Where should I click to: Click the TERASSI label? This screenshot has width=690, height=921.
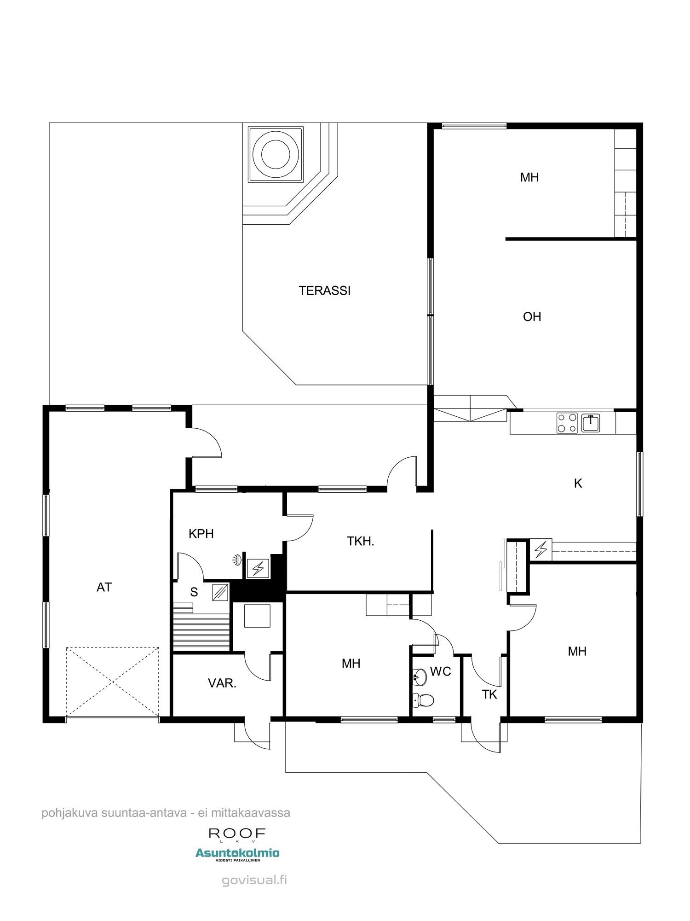[x=324, y=291]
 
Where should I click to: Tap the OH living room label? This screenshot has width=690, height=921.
[x=532, y=317]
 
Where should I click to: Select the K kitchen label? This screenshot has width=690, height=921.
[x=578, y=483]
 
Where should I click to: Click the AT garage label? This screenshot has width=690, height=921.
[x=104, y=587]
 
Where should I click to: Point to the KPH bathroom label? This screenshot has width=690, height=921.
[x=201, y=534]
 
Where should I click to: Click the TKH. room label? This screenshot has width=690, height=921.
[x=360, y=541]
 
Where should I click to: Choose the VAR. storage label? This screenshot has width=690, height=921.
[x=222, y=683]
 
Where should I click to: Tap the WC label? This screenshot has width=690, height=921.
[x=441, y=671]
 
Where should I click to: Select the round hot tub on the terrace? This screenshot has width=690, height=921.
[x=276, y=154]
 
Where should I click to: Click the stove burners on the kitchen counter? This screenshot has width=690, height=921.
[x=567, y=423]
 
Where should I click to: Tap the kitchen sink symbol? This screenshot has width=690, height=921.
[x=591, y=422]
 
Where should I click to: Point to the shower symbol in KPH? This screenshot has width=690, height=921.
[x=237, y=560]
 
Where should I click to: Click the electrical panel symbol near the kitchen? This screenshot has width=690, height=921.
[x=540, y=549]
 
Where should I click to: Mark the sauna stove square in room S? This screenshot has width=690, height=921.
[x=220, y=592]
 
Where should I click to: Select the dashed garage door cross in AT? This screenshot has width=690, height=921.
[x=113, y=682]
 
